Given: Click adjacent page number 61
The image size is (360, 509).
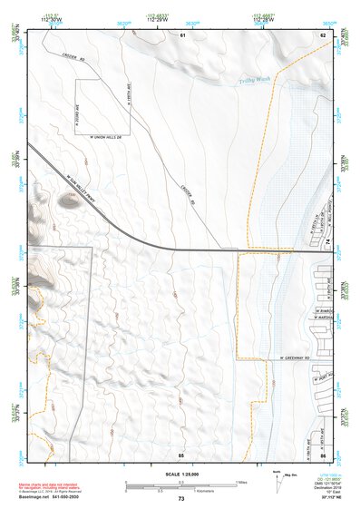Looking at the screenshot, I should (x=182, y=34).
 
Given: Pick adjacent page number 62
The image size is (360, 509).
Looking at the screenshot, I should (x=322, y=34).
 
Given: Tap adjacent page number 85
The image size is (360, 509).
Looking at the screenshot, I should (x=182, y=452).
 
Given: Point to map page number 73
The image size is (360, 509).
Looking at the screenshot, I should (x=181, y=499).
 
